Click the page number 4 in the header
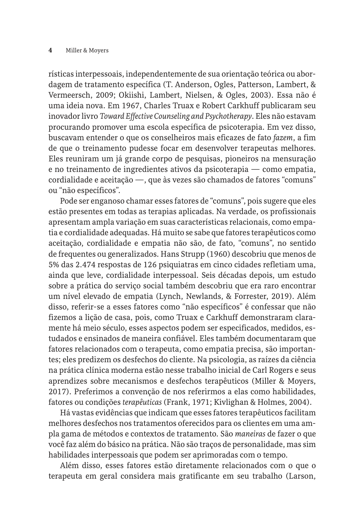coord(50,50)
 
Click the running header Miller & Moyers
coord(87,50)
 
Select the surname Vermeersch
coord(67,95)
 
